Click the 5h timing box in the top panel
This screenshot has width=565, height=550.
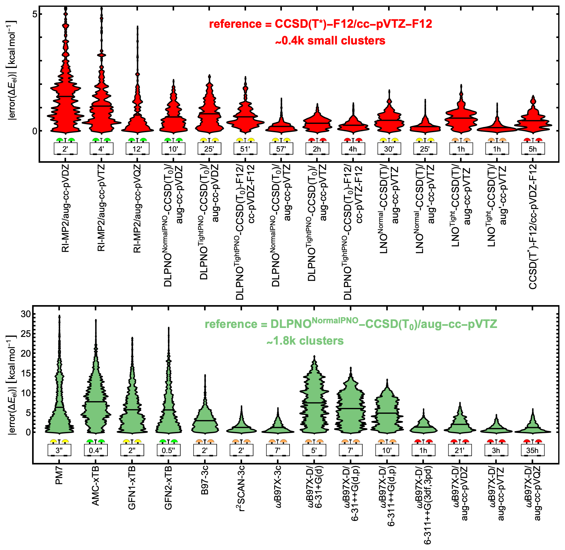coord(533,149)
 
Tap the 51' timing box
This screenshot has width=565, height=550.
coord(245,149)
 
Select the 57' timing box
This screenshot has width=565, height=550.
coord(281,149)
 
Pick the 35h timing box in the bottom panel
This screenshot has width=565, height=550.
coord(532,450)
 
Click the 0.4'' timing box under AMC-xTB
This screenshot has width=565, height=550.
coord(96,450)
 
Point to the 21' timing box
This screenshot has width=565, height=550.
coord(460,450)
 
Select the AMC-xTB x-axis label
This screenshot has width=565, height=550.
coord(96,486)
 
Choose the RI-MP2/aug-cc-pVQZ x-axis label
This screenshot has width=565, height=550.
coord(137,208)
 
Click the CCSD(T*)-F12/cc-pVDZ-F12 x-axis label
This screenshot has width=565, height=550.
coord(533,227)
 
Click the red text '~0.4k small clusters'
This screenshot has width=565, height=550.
coord(330,40)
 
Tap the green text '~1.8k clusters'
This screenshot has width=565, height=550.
coord(305,341)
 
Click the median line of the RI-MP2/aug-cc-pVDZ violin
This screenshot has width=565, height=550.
coord(65,96)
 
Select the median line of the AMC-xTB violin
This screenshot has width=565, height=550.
coord(96,402)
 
